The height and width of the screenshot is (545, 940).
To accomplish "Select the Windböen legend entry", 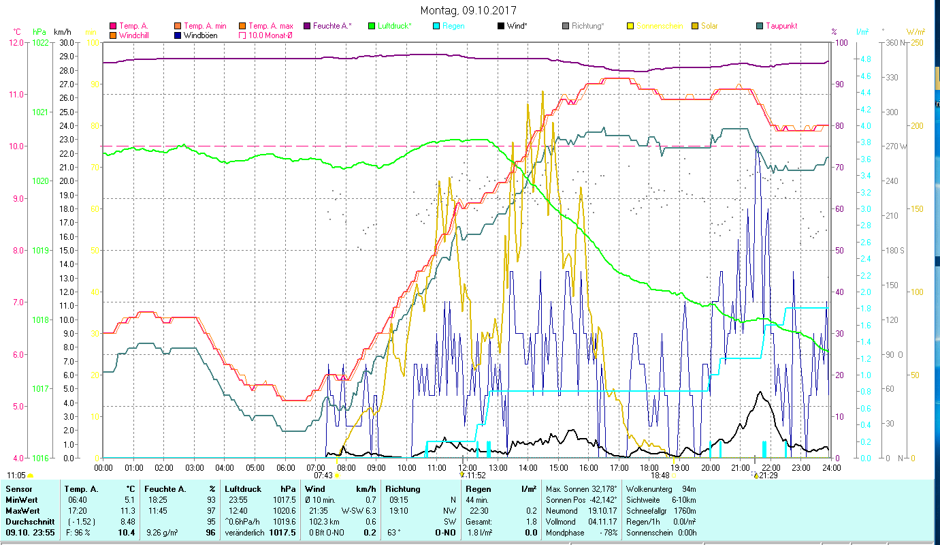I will tap(200, 35).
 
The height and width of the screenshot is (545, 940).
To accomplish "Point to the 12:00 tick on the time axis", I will tap(468, 467).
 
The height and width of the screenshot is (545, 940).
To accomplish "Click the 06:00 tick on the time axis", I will tap(285, 467).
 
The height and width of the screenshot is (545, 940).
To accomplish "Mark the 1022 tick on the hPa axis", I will tap(40, 42).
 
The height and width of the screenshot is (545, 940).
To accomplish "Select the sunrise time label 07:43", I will tap(323, 476).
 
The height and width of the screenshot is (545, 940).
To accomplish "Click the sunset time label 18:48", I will tap(660, 476).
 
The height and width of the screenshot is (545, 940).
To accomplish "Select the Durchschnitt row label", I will tap(28, 521).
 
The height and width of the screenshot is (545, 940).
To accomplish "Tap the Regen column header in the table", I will tap(477, 488).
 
